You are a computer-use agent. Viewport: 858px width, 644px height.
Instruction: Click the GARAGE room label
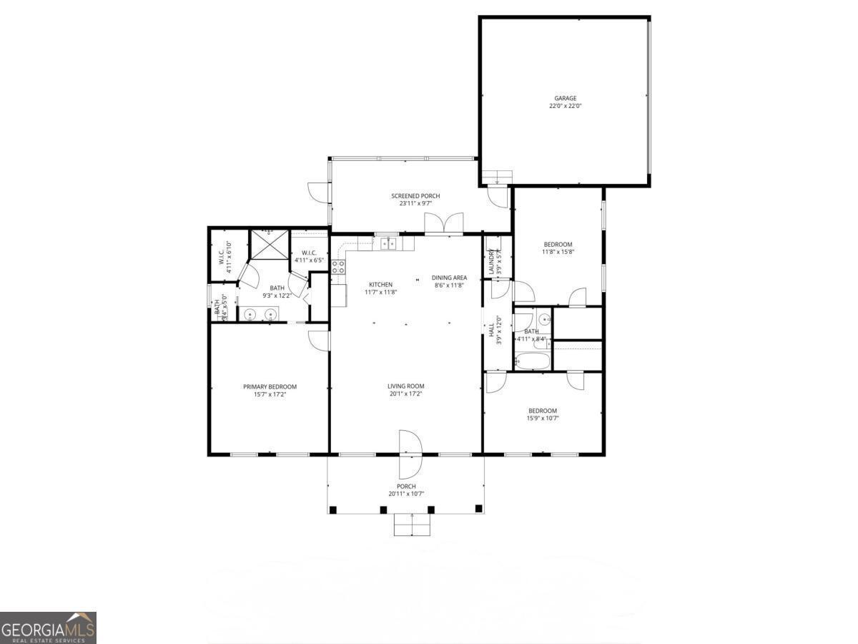click(565, 99)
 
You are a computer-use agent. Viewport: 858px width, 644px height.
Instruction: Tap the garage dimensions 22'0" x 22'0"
click(565, 107)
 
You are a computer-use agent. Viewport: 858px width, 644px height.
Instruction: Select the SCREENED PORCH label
click(415, 196)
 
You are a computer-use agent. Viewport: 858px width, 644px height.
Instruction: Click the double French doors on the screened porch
click(444, 223)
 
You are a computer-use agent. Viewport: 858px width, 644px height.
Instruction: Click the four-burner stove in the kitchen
click(338, 268)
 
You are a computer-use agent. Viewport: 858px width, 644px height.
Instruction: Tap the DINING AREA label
click(450, 278)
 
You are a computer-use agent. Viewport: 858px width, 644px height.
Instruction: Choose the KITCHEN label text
click(380, 285)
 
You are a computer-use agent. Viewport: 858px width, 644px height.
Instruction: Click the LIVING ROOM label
click(406, 386)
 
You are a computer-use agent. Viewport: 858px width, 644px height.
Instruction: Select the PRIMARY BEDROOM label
click(270, 387)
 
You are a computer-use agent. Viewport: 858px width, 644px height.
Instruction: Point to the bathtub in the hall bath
click(532, 361)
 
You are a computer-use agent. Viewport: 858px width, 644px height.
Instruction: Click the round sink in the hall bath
click(543, 319)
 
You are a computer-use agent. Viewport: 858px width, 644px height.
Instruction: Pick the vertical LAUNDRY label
click(491, 261)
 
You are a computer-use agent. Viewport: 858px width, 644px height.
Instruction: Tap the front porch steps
click(413, 525)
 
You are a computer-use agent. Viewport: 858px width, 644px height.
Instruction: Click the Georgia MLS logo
click(48, 628)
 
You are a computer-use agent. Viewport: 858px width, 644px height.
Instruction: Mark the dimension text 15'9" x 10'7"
click(543, 419)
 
